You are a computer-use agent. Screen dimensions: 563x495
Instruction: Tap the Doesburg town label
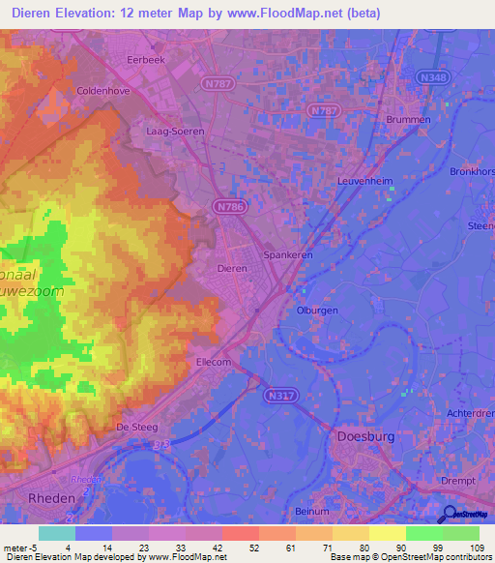click(365, 436)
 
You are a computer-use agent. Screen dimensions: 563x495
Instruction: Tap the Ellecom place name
click(217, 362)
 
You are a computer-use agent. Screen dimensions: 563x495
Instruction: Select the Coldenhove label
click(103, 91)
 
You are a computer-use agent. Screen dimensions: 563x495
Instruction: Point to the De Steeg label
click(136, 426)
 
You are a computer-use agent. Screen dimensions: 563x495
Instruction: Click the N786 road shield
click(228, 205)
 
